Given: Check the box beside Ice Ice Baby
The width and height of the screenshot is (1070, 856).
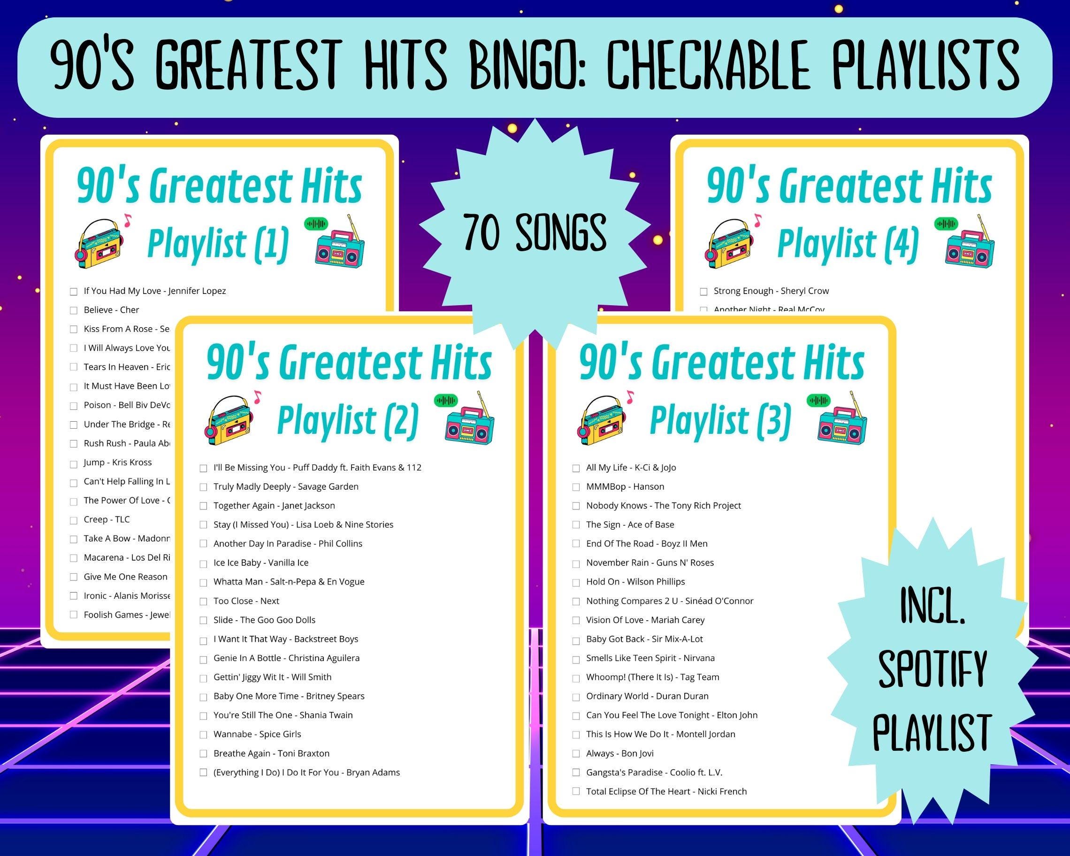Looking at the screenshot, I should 203,563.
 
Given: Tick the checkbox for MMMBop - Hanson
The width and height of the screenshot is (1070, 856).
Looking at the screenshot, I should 576,487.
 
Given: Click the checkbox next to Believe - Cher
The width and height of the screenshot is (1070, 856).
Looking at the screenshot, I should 74,310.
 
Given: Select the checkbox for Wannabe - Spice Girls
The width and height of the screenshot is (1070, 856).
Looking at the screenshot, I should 203,734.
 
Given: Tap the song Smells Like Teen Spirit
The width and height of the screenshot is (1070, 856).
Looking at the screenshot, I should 650,658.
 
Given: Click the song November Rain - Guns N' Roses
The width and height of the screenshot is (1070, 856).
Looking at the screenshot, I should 650,563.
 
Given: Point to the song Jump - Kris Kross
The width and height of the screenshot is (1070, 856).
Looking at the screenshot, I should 118,462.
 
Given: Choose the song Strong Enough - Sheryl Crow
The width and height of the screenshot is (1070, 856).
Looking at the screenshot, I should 771,291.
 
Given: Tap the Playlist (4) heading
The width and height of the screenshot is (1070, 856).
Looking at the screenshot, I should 848,244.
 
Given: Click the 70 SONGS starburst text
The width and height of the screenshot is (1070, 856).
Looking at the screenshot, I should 535,232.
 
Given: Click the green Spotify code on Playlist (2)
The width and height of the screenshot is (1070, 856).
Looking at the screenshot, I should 445,400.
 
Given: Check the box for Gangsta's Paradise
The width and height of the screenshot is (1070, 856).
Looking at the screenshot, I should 576,772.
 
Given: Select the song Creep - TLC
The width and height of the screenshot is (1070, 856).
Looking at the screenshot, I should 106,519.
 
